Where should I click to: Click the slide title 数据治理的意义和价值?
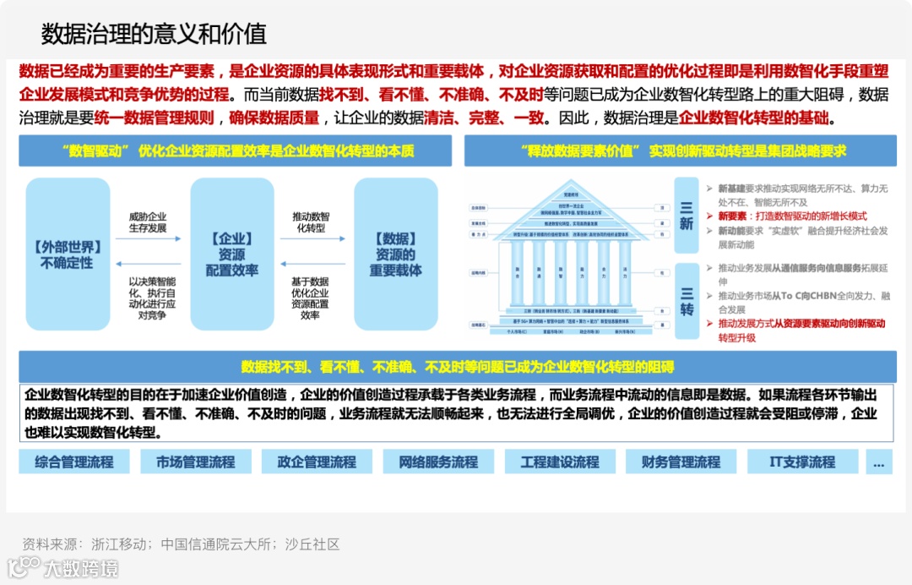pyautogui.click(x=154, y=33)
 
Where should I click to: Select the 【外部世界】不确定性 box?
pyautogui.click(x=68, y=254)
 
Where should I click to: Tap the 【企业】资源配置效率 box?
pyautogui.click(x=232, y=254)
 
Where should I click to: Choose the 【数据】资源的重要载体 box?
pyautogui.click(x=396, y=254)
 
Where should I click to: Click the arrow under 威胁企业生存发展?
pyautogui.click(x=148, y=239)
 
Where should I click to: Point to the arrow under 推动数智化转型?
pyautogui.click(x=312, y=239)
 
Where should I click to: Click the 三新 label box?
pyautogui.click(x=686, y=216)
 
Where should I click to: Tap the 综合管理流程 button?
pyautogui.click(x=74, y=462)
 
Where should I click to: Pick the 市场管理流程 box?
pyautogui.click(x=196, y=462)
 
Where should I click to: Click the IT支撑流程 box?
pyautogui.click(x=802, y=462)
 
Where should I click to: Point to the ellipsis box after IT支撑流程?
pyautogui.click(x=878, y=462)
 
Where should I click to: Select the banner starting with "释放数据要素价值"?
pyautogui.click(x=680, y=151)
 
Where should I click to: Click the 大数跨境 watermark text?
pyautogui.click(x=82, y=568)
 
